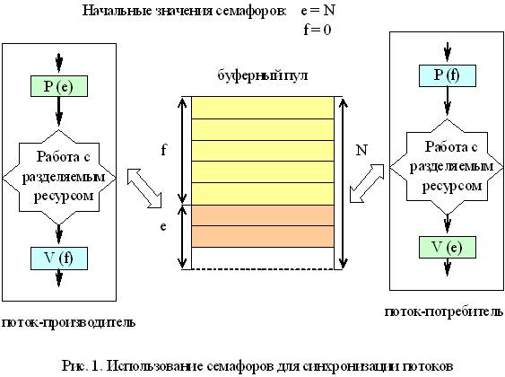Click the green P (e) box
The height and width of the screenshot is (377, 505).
click(59, 86)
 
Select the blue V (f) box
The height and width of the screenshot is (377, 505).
click(59, 259)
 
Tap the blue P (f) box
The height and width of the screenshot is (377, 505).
click(448, 75)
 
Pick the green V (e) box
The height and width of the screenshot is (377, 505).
click(448, 248)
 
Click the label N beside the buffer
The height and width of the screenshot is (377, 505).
click(361, 150)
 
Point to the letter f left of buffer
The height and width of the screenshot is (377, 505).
click(163, 150)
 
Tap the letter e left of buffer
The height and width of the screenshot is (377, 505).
click(163, 226)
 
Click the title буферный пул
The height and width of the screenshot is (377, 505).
click(263, 75)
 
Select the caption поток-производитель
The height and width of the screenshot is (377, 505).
click(68, 322)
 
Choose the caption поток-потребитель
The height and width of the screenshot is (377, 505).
click(444, 311)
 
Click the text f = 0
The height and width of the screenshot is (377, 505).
click(318, 30)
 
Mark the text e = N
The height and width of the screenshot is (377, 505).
click(318, 10)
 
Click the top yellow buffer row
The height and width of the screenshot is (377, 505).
click(263, 108)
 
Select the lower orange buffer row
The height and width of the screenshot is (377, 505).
click(263, 236)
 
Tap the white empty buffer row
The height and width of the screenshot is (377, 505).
click(263, 259)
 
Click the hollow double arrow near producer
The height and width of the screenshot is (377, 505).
click(144, 188)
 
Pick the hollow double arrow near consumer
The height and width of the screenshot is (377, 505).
click(367, 183)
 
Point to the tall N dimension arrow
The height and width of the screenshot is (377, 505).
click(344, 183)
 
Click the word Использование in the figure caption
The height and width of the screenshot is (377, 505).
click(154, 366)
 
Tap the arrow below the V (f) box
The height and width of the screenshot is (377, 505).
click(59, 277)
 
